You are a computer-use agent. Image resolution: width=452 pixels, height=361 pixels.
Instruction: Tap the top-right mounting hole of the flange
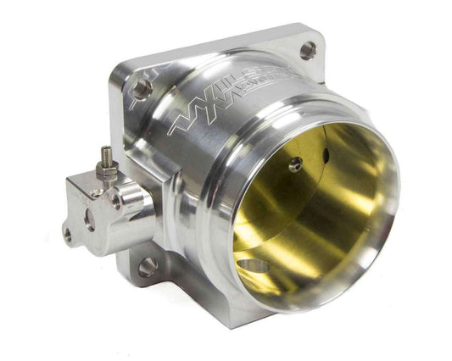[307, 50]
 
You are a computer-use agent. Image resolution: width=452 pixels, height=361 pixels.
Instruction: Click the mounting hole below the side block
[148, 267]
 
